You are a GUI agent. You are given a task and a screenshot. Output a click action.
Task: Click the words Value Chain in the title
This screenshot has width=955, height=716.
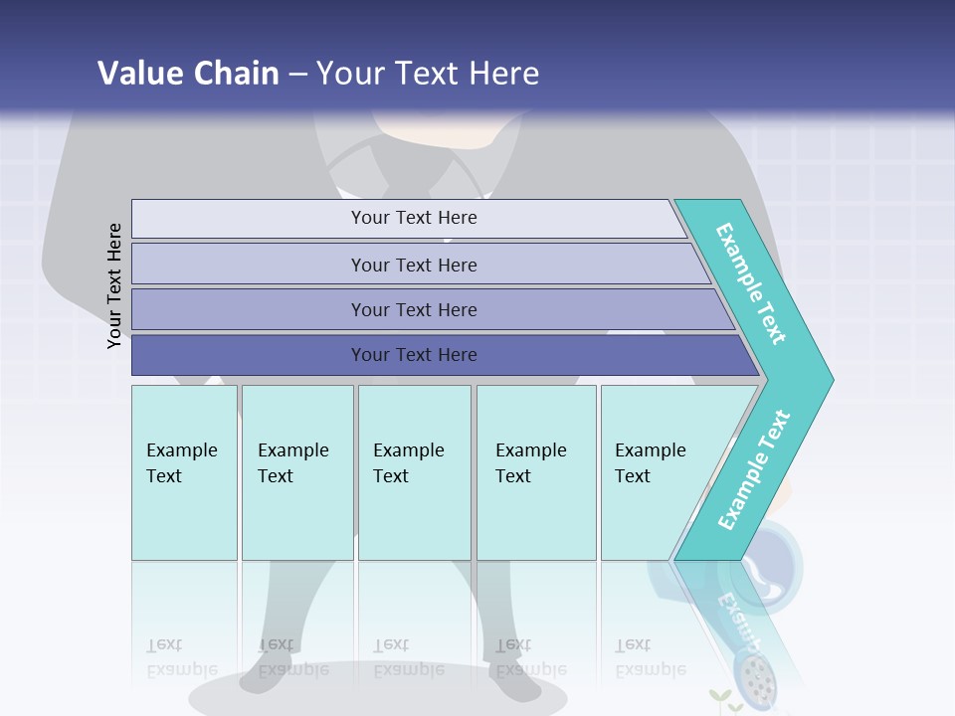(188, 73)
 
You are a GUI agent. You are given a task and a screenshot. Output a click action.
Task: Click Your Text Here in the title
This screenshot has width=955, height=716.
(428, 73)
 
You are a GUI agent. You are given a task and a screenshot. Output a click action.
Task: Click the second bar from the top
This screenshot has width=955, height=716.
(414, 265)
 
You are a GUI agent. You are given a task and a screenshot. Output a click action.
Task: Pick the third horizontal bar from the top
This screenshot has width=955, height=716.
(414, 309)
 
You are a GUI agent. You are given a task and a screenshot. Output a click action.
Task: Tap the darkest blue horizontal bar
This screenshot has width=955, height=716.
(414, 355)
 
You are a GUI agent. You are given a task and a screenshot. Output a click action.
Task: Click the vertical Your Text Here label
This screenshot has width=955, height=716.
(114, 285)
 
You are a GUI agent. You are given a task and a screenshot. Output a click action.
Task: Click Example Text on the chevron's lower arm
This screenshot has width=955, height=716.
(754, 469)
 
